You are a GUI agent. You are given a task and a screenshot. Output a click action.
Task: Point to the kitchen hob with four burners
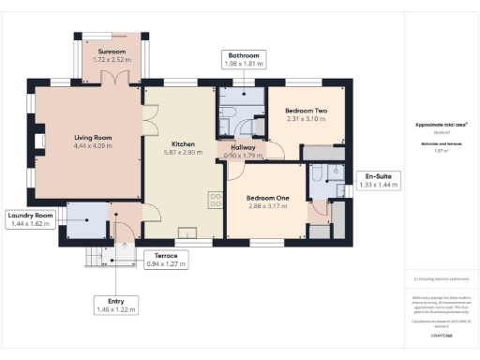[216, 200]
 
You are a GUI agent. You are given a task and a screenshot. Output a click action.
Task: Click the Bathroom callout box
[244, 60]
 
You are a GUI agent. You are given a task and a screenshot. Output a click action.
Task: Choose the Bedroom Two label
[305, 112]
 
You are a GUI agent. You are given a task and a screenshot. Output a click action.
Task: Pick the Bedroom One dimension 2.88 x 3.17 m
[268, 206]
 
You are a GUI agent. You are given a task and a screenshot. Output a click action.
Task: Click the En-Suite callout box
[379, 181]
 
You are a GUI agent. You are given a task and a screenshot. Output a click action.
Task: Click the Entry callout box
[116, 305]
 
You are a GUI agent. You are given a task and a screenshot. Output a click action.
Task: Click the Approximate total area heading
[441, 124]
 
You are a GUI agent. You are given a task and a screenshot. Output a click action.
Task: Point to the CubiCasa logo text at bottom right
[441, 334]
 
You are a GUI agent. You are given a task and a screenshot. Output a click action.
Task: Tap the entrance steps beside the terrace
[96, 254]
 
